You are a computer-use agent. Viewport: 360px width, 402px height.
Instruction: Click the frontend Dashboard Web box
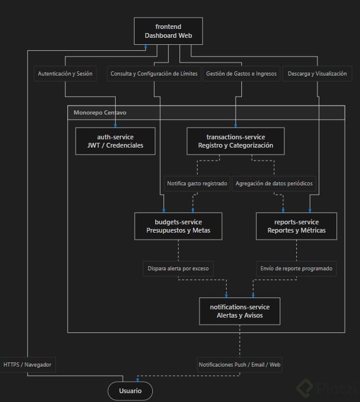tap(168, 31)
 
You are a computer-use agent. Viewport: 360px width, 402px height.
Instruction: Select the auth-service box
tap(115, 141)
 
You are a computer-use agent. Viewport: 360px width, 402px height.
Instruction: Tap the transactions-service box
tap(235, 141)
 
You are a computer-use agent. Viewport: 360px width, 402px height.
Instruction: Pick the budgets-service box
tap(178, 226)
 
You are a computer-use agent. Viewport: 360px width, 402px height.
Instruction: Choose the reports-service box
tap(296, 226)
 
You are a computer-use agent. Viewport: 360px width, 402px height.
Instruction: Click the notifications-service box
tap(240, 311)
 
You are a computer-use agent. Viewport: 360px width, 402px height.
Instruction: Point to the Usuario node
tap(130, 391)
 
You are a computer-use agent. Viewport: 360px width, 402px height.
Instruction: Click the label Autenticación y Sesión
tap(65, 74)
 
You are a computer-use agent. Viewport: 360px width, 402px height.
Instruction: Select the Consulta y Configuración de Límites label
tap(154, 74)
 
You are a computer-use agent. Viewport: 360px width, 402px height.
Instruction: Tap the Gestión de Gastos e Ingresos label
tap(241, 74)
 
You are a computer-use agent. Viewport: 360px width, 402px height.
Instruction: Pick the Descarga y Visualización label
tap(317, 74)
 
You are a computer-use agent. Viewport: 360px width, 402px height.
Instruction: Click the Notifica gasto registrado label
tap(197, 184)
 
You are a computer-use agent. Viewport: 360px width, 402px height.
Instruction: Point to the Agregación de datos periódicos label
tap(274, 184)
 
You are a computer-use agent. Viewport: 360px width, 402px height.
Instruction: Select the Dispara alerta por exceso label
tap(178, 269)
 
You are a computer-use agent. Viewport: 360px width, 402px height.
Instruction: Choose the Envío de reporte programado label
tap(296, 269)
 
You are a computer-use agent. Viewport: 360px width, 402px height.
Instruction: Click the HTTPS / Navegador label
tap(27, 365)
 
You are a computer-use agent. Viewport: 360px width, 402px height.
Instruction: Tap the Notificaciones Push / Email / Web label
tap(240, 365)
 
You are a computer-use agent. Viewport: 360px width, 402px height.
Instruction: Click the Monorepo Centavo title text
tap(100, 113)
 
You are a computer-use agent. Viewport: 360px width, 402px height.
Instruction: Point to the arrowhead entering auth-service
tap(115, 126)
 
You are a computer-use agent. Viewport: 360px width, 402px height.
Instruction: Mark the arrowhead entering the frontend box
tap(146, 47)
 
